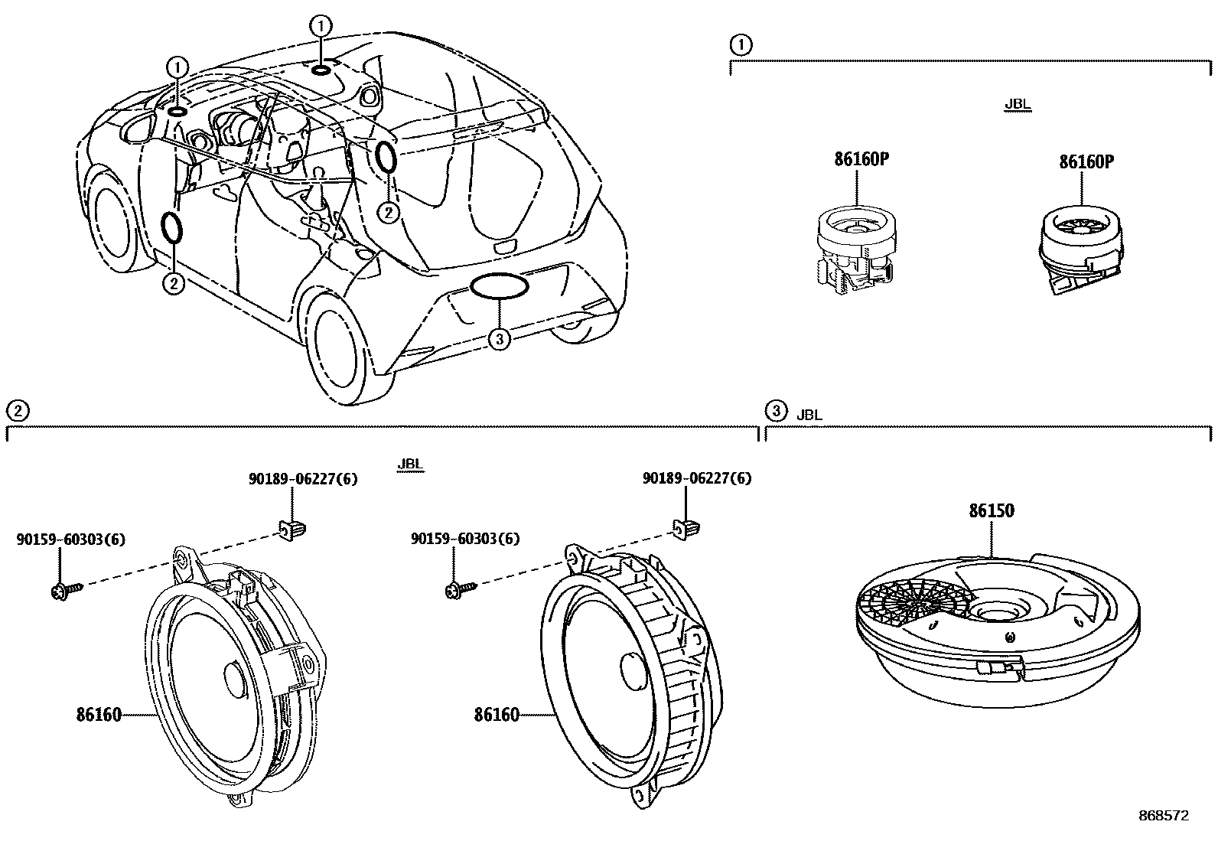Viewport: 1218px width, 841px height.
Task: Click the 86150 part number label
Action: tap(992, 511)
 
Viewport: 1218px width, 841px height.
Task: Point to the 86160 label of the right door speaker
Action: tap(496, 716)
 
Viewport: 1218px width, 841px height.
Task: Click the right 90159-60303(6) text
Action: tap(464, 539)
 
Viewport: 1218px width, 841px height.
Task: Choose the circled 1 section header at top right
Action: tap(741, 46)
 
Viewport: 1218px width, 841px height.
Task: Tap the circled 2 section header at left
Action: tap(17, 412)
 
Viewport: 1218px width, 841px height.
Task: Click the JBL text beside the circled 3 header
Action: tap(809, 415)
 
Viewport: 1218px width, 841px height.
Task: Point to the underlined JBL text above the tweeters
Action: tap(1018, 105)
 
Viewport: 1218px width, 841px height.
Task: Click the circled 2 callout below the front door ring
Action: tap(174, 283)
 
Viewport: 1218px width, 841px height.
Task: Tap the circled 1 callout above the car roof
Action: tap(321, 25)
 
